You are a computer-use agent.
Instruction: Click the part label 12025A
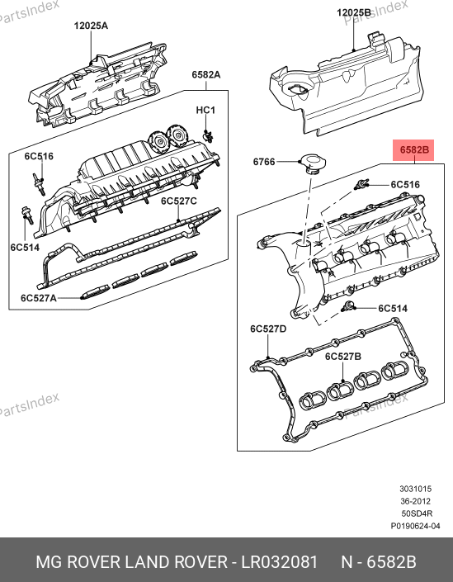91,26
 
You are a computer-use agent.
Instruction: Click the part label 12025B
353,12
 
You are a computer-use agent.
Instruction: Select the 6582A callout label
206,74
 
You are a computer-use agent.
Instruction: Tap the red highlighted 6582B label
413,150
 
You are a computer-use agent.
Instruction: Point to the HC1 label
205,111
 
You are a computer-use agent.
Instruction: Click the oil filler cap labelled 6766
314,163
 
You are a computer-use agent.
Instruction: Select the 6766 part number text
264,162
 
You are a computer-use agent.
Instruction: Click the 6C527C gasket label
179,201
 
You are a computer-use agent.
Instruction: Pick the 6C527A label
39,298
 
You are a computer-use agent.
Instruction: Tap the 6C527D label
268,329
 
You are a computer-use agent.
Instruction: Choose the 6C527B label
343,357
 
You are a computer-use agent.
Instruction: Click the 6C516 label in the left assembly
39,156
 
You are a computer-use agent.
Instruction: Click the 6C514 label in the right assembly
393,309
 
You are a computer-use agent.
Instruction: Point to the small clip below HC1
208,136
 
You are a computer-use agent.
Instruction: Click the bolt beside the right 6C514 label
347,306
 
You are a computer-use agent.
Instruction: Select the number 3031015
416,489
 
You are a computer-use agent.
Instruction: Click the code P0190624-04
416,526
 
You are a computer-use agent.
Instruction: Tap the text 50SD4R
417,513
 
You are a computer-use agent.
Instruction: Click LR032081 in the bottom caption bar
280,562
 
